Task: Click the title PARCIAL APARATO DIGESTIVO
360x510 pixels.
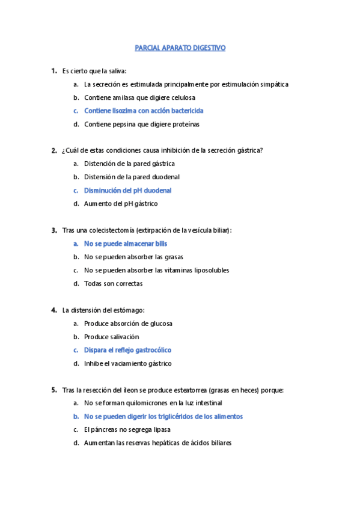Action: click(180, 48)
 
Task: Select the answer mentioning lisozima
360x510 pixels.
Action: click(144, 111)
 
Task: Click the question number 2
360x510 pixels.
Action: click(54, 150)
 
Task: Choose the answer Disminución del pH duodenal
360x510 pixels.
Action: click(127, 191)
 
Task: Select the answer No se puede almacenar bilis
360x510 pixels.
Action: click(125, 244)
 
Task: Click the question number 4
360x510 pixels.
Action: click(54, 310)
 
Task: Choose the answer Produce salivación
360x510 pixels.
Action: click(111, 337)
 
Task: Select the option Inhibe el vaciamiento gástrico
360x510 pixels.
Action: click(127, 363)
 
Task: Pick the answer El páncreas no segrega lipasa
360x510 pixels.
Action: click(127, 430)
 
